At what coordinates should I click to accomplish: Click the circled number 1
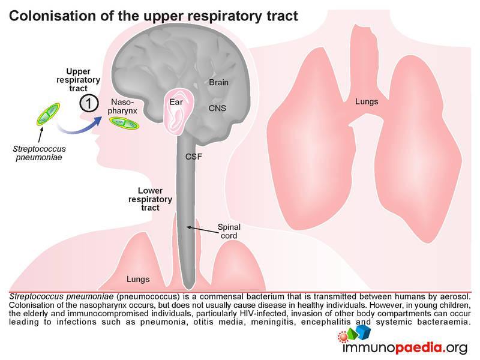tap(89, 103)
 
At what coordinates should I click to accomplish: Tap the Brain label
tap(218, 83)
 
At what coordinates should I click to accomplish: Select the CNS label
tap(217, 109)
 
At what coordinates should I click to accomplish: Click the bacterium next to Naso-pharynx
tap(124, 123)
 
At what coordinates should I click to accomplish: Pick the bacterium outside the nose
tap(48, 116)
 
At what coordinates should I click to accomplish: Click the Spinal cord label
tap(229, 231)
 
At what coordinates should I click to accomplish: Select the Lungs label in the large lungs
tap(366, 102)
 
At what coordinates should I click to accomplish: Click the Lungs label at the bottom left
tap(138, 280)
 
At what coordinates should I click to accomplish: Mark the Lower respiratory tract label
tap(151, 199)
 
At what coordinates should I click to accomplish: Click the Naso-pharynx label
tap(124, 107)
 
